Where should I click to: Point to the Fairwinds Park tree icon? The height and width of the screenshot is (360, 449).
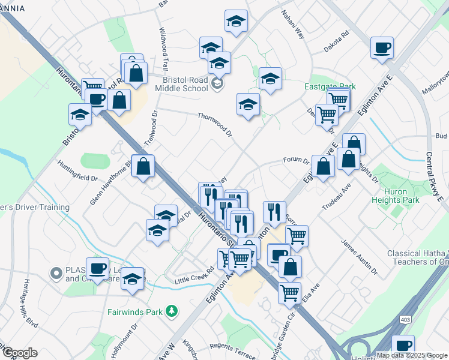pos(172,311)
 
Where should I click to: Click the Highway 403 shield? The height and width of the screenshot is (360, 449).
pos(406,322)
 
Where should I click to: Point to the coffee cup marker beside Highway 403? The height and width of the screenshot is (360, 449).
pos(403,345)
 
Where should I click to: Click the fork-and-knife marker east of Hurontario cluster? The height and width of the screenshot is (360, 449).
pos(274,211)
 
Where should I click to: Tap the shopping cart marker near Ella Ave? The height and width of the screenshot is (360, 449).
pos(290,292)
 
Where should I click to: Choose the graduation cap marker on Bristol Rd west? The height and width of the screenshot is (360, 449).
pos(80,113)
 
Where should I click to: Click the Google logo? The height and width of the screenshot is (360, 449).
pos(19,353)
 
